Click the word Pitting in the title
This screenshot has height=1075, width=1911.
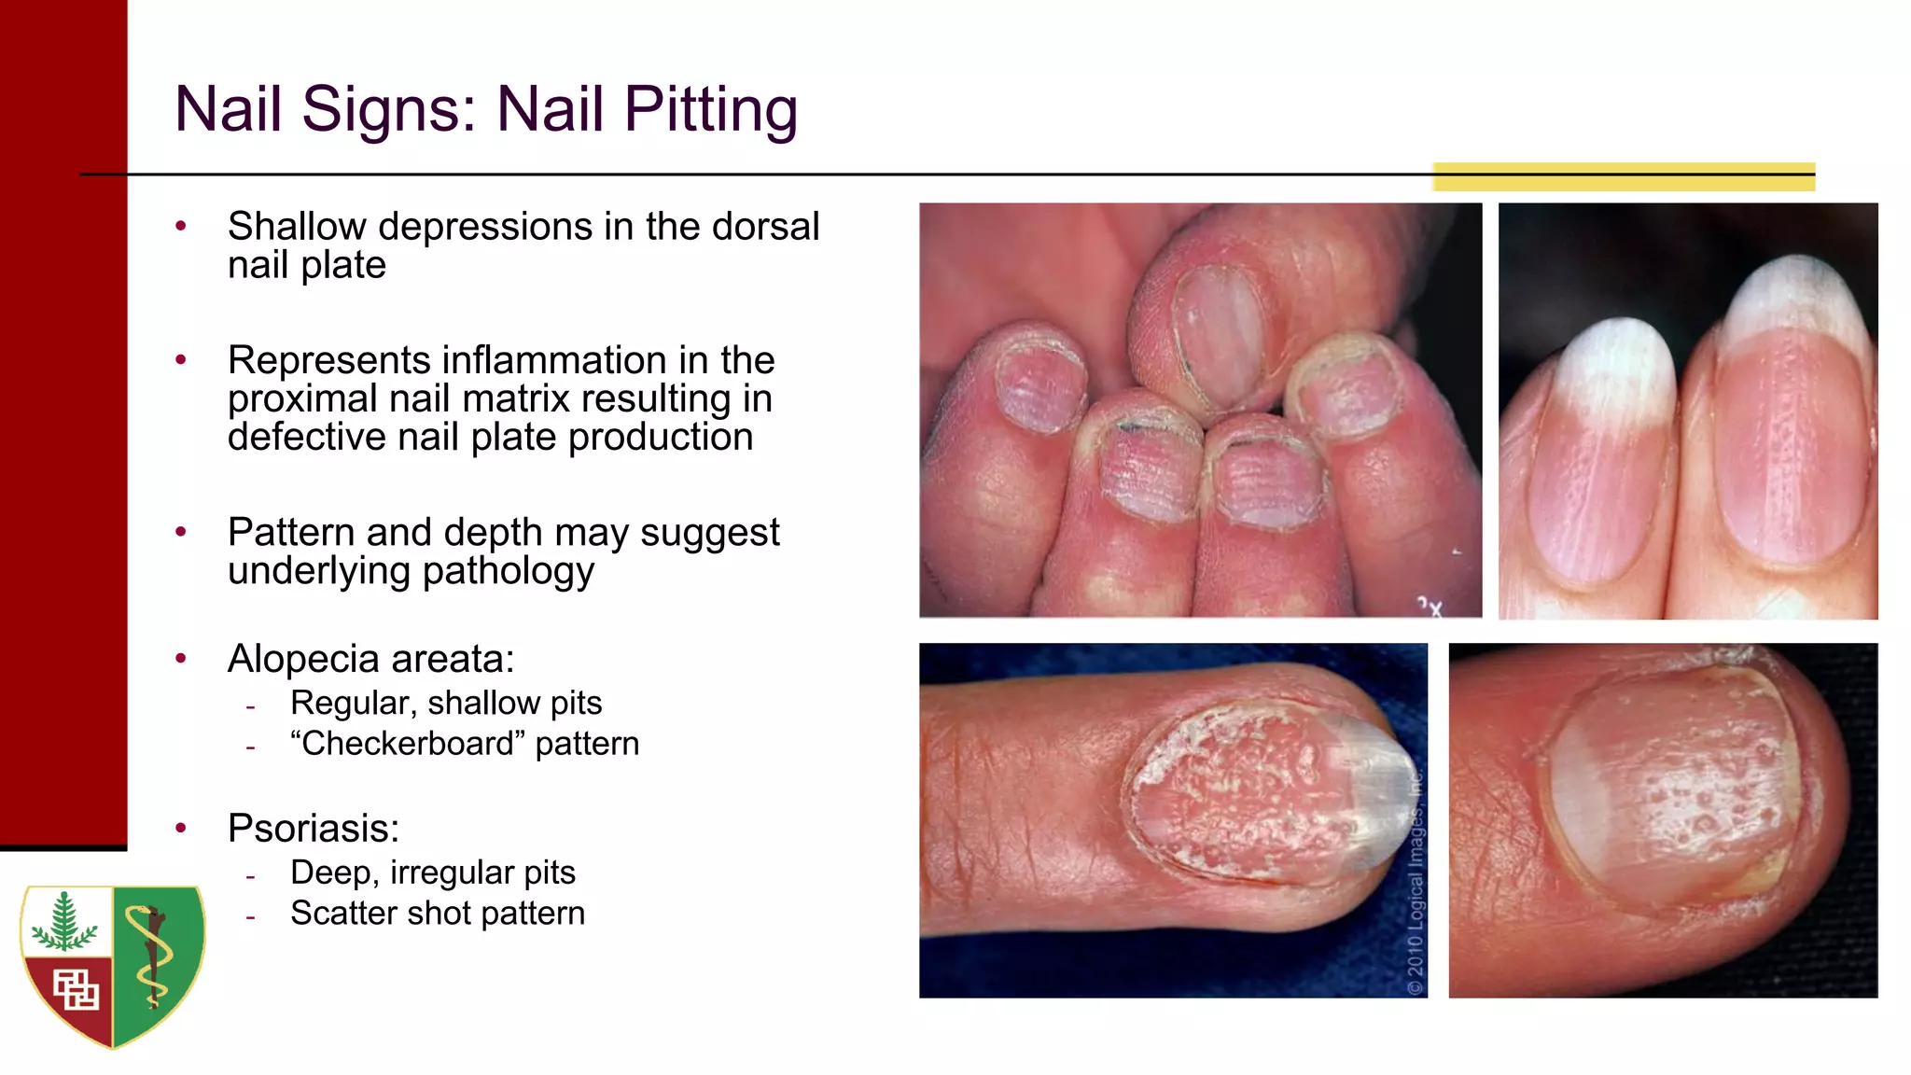click(711, 110)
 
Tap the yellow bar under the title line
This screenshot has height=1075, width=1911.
click(1624, 177)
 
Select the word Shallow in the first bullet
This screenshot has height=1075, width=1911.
click(298, 227)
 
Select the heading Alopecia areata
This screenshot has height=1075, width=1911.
click(370, 659)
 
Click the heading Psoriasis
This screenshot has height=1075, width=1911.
click(314, 829)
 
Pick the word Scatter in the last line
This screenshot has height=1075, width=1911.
click(345, 914)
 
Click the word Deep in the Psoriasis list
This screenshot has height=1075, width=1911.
click(333, 873)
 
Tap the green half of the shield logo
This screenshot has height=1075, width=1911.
click(159, 961)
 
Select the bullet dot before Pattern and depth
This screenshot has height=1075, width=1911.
click(181, 532)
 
